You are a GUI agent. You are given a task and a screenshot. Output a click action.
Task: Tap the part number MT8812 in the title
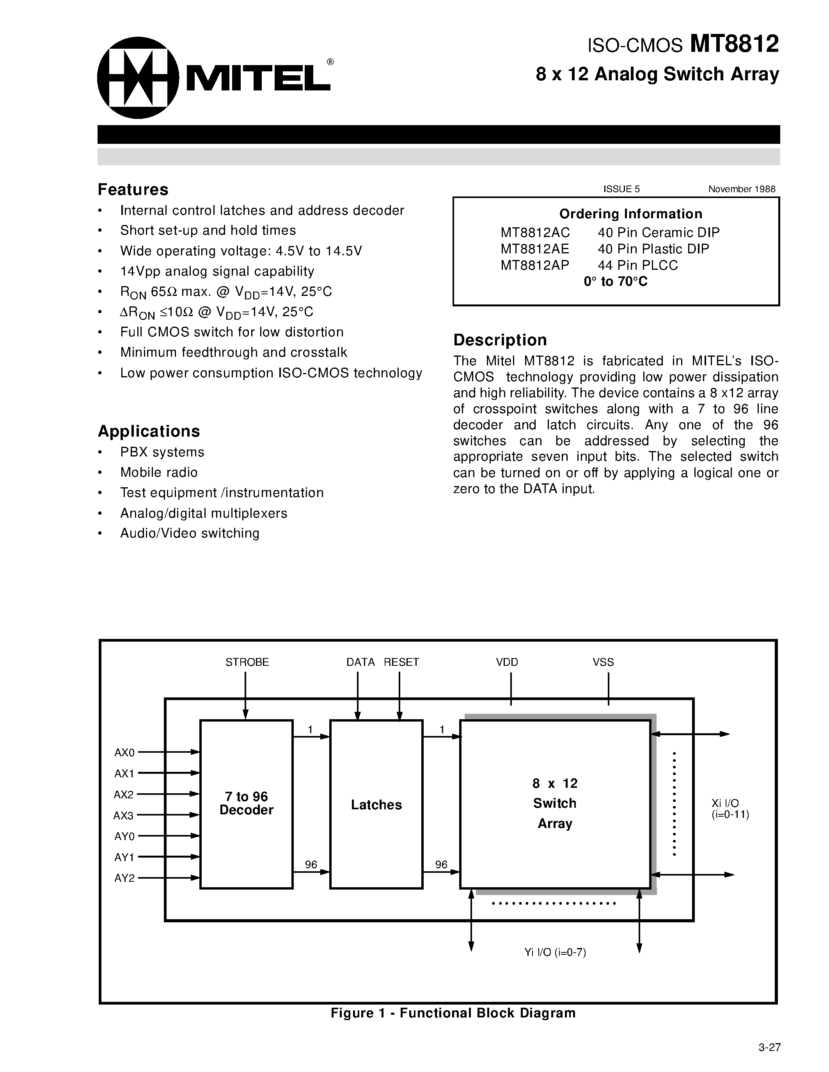pos(734,44)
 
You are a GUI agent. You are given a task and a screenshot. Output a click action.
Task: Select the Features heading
pos(133,189)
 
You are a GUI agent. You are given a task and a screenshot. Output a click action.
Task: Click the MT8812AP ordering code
pos(535,265)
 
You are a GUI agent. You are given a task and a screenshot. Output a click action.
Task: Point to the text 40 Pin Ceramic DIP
pos(659,232)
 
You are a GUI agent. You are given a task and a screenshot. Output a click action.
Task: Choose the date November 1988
pos(742,189)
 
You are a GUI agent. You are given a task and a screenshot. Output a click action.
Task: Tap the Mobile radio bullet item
pos(159,472)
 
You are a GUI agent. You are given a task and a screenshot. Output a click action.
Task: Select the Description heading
pos(500,340)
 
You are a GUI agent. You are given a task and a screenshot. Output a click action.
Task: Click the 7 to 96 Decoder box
pos(246,803)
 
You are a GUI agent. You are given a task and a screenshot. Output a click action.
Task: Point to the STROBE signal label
pos(247,662)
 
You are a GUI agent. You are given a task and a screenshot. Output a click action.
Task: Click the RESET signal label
pos(401,662)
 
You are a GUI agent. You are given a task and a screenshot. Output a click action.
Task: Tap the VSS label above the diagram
pos(603,662)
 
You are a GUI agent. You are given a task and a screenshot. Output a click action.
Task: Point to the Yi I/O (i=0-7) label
pos(555,953)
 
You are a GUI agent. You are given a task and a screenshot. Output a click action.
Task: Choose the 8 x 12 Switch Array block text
pos(555,803)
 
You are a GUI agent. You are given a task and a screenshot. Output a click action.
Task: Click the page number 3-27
pos(769,1047)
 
